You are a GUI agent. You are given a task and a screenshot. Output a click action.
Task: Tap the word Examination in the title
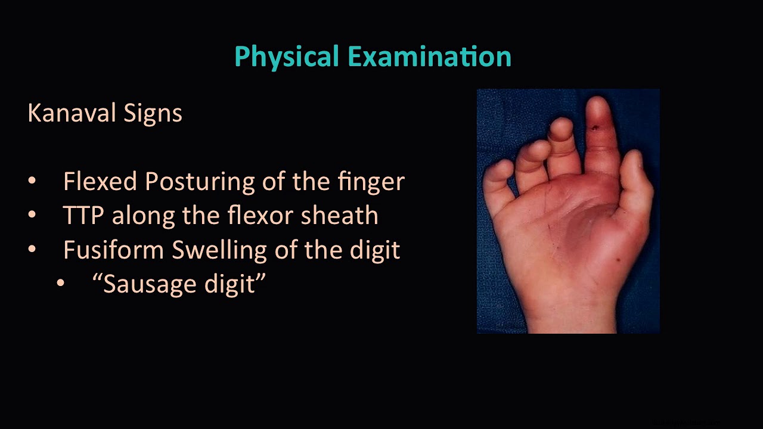click(429, 57)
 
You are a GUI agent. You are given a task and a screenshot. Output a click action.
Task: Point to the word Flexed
click(100, 181)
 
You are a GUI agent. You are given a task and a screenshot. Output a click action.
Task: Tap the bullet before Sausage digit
click(61, 284)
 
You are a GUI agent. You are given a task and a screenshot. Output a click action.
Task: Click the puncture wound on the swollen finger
click(595, 127)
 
